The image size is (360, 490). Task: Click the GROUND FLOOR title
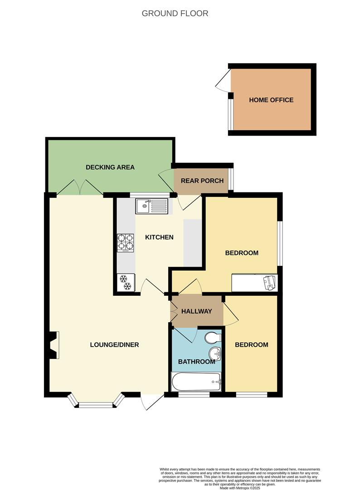175,13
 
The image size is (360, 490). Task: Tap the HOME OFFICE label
271,100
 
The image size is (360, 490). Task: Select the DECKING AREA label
110,167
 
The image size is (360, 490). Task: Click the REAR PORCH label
202,181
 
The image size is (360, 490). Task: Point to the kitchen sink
151,206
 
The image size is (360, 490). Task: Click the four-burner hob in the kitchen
126,242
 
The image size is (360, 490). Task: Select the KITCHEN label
159,237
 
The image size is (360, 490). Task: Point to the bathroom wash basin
214,353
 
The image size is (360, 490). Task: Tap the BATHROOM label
196,362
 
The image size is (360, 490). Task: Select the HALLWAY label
197,311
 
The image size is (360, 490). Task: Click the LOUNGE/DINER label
114,344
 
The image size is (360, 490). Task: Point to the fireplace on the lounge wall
54,345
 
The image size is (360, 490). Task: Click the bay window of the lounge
95,402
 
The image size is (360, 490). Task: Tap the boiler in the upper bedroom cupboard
270,282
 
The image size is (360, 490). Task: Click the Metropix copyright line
240,488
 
